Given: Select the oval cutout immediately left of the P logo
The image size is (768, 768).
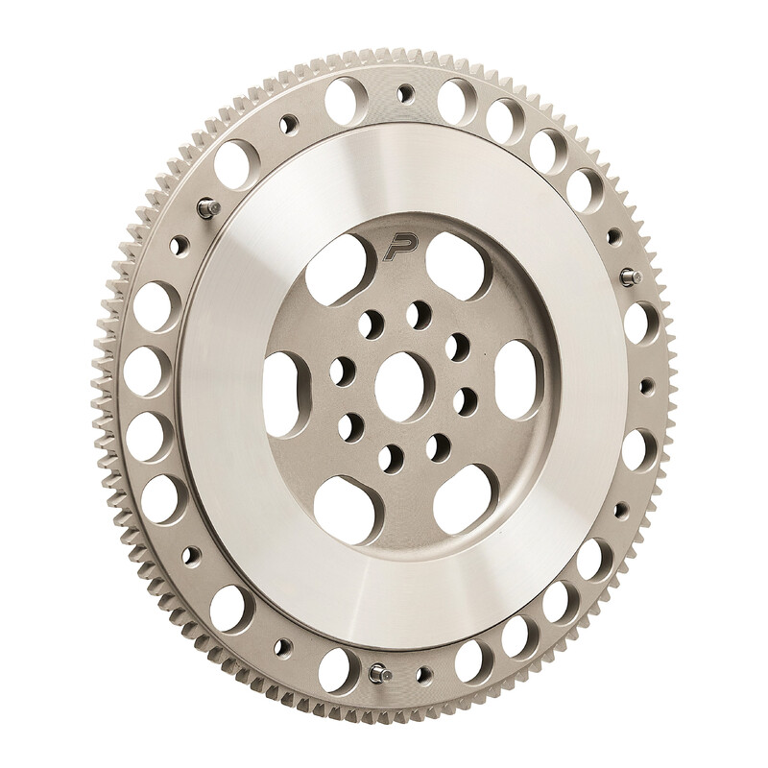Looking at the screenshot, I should tap(335, 262).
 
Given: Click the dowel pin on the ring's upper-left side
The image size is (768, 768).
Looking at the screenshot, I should tap(205, 209).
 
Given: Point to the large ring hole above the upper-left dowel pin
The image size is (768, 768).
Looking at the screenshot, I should tap(236, 164).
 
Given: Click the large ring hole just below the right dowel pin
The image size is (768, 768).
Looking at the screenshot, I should tap(636, 323).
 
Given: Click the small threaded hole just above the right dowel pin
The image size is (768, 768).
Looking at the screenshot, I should tap(612, 233).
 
